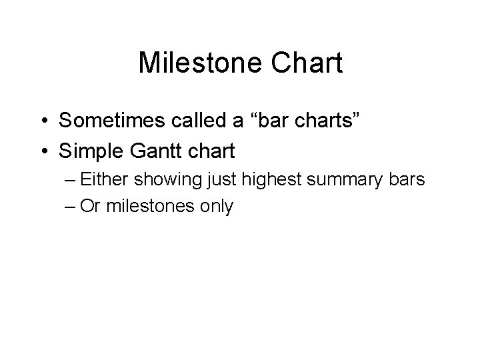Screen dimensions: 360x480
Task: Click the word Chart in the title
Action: [x=309, y=64]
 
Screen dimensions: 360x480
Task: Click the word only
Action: [x=217, y=207]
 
